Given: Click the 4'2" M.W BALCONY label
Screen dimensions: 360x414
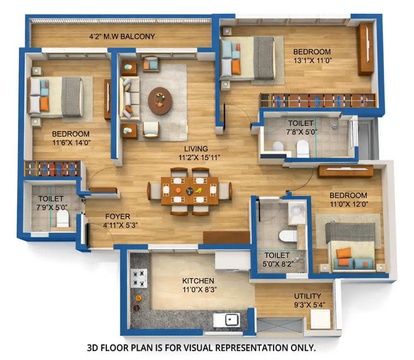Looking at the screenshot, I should pyautogui.click(x=122, y=37).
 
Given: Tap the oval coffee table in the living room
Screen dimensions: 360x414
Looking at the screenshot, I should pyautogui.click(x=160, y=101).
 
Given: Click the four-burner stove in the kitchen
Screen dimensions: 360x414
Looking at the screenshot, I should pyautogui.click(x=139, y=278).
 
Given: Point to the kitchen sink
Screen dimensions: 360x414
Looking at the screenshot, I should pyautogui.click(x=227, y=319).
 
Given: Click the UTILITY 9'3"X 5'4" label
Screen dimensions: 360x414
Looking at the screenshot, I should pyautogui.click(x=308, y=300).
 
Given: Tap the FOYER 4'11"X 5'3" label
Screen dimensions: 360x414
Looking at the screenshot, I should pyautogui.click(x=118, y=221).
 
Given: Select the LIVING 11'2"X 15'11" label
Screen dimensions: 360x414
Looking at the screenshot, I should pyautogui.click(x=197, y=153).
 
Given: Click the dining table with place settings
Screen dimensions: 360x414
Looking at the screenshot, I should pyautogui.click(x=190, y=191).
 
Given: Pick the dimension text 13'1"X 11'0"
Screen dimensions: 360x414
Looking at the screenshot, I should pyautogui.click(x=312, y=60).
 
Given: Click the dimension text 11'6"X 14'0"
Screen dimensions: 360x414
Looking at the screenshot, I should pyautogui.click(x=71, y=142).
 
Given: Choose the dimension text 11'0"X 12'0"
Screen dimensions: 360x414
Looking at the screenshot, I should pyautogui.click(x=348, y=204).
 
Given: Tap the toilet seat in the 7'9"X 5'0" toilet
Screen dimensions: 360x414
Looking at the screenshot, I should pyautogui.click(x=63, y=218).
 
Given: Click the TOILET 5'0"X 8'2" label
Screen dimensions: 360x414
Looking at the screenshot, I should pyautogui.click(x=277, y=259).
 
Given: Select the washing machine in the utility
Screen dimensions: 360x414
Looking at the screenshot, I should pyautogui.click(x=320, y=319).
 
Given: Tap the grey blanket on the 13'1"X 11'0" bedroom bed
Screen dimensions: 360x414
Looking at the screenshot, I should pyautogui.click(x=263, y=58).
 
